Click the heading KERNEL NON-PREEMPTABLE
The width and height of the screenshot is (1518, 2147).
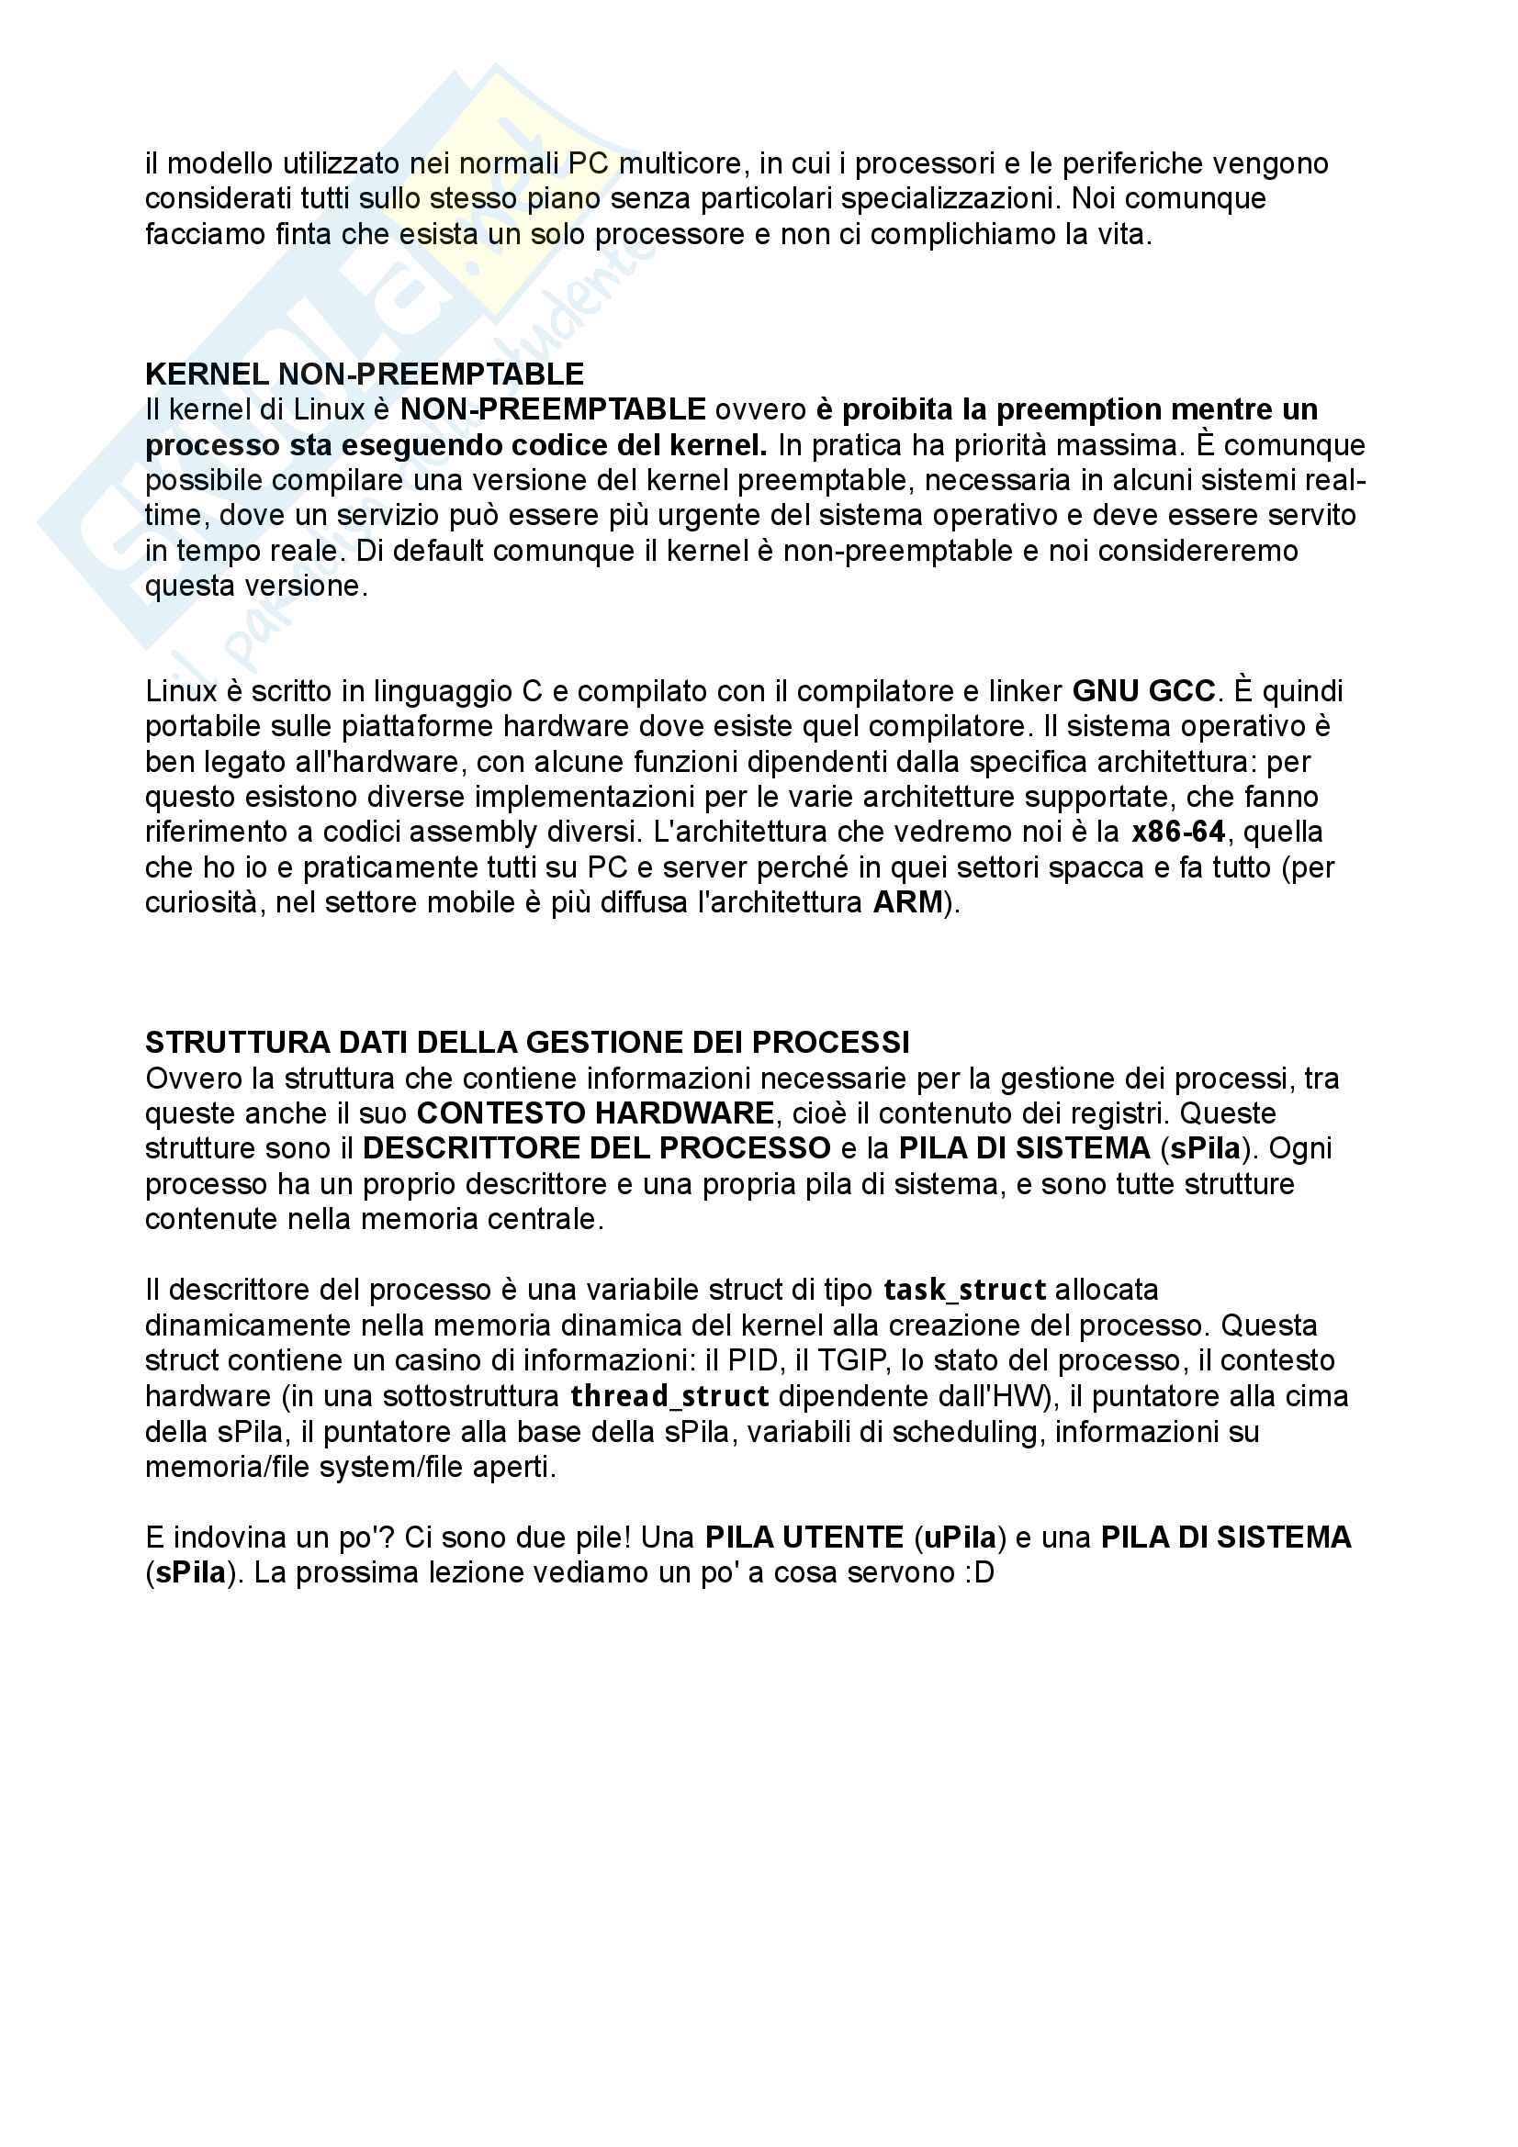[x=364, y=374]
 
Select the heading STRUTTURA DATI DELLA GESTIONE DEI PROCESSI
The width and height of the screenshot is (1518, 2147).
[x=526, y=1042]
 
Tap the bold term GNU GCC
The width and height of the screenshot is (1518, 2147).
[x=1143, y=691]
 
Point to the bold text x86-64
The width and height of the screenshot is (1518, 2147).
[x=1177, y=832]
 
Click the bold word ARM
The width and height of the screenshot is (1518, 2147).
[x=907, y=902]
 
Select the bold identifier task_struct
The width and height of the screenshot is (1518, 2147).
[x=964, y=1290]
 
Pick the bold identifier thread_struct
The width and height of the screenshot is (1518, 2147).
[x=669, y=1396]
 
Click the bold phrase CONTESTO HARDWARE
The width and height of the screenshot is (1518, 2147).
[x=595, y=1113]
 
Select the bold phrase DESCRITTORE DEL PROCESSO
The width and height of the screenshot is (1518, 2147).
[x=597, y=1148]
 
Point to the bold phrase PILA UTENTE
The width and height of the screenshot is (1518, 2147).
[x=804, y=1538]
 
